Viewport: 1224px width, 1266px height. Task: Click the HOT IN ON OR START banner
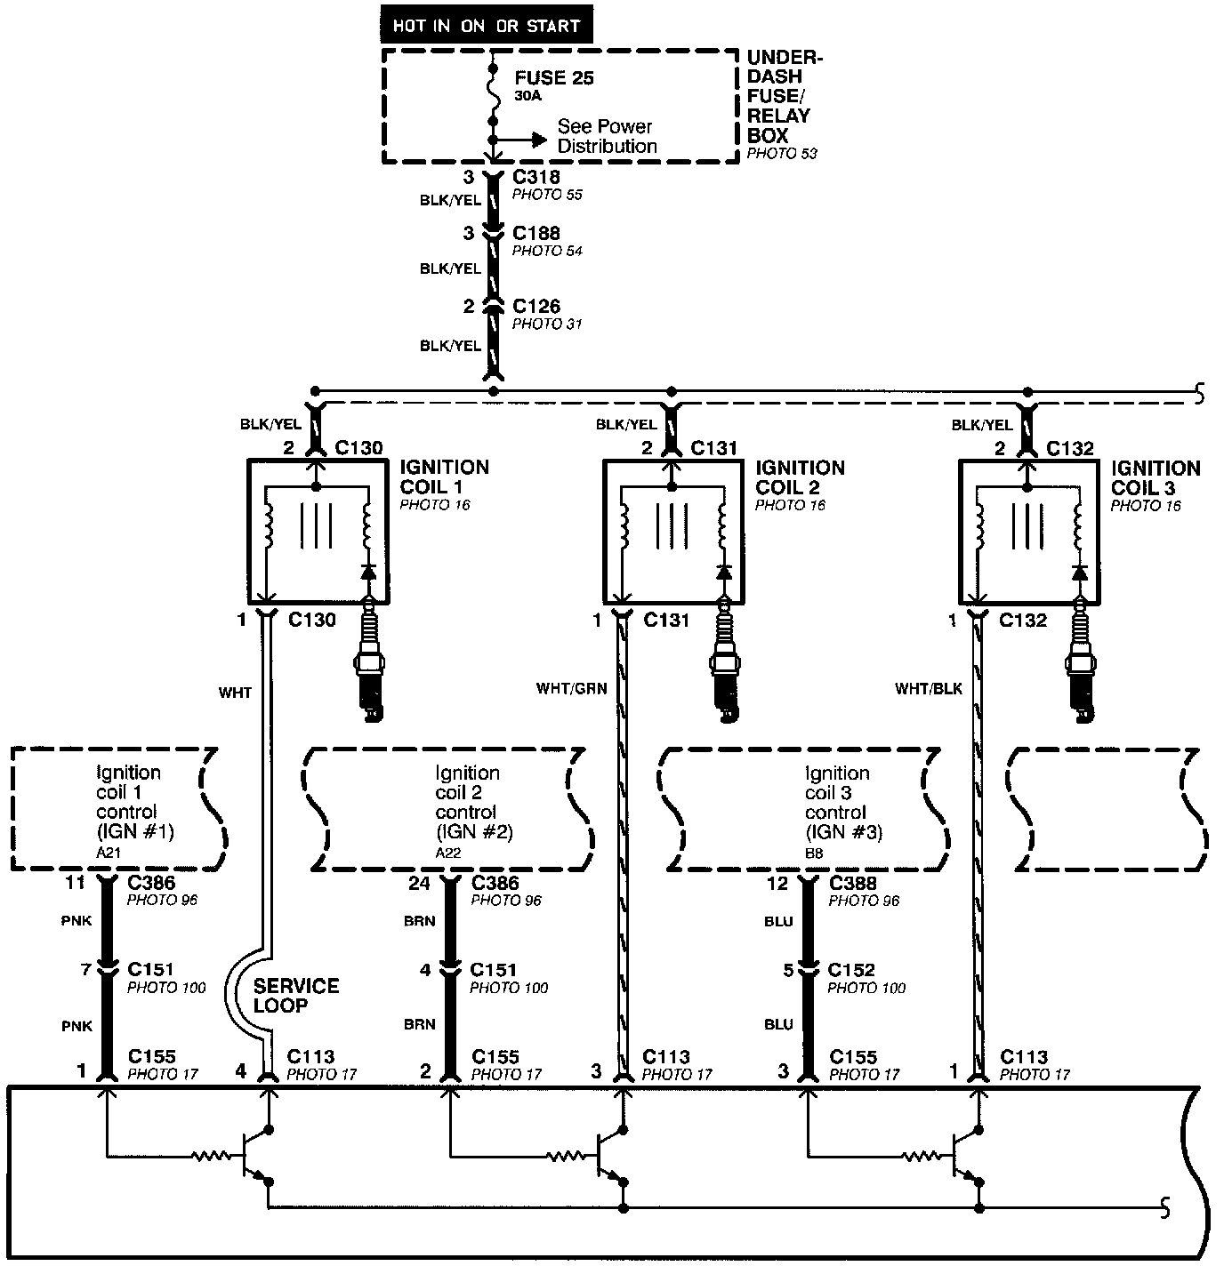coord(486,26)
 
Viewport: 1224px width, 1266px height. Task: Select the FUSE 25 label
coord(553,78)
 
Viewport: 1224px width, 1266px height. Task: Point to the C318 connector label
coord(536,177)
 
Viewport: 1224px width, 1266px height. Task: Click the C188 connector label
coord(536,234)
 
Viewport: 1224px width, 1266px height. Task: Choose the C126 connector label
coord(536,307)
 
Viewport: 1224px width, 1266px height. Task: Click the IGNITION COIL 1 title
coord(444,477)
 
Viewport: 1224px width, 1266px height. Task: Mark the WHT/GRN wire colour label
coord(571,688)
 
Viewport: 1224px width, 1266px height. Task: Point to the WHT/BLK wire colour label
coord(929,688)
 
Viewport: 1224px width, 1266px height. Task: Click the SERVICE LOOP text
coord(295,996)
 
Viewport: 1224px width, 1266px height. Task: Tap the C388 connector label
coord(852,884)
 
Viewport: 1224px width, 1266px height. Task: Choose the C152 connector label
coord(851,970)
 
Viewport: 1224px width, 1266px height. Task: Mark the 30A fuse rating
coord(527,96)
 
